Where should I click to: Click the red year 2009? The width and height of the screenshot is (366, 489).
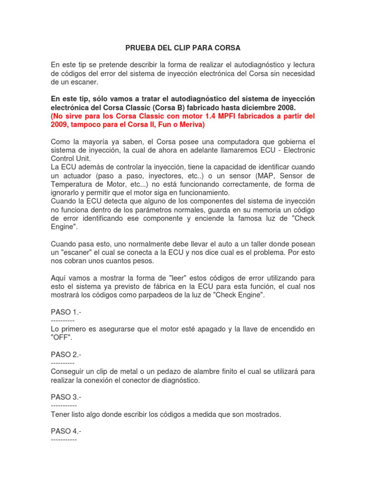[60, 125]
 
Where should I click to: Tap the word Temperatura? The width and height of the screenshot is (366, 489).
[72, 184]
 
